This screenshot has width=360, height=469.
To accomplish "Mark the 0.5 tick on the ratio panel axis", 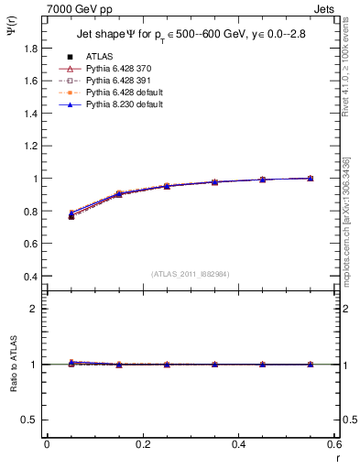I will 33,420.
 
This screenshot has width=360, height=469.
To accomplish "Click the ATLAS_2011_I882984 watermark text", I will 191,273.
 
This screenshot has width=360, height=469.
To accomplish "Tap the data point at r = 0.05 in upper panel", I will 71,215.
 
